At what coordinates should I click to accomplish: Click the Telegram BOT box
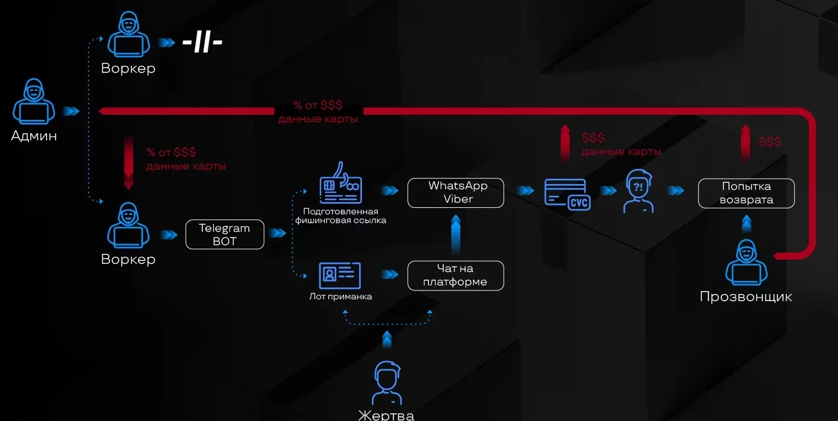point(225,235)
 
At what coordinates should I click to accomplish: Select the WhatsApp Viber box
point(456,193)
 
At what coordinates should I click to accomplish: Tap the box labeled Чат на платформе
point(456,275)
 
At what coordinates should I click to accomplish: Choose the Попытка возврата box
point(746,193)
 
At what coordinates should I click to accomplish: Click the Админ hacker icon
point(34,103)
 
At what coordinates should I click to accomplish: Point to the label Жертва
point(386,415)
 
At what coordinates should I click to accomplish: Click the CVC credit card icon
point(566,194)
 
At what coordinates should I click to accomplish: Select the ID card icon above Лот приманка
point(340,275)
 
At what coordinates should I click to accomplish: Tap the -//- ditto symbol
point(202,43)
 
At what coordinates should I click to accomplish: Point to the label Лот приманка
point(340,296)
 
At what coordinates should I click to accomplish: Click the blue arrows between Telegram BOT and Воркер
point(169,235)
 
